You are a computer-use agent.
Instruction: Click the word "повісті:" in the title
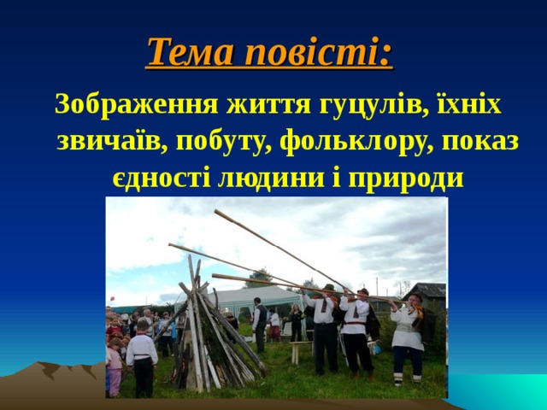[319, 53]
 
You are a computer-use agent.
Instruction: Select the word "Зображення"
[136, 106]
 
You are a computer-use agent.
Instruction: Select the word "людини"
[279, 178]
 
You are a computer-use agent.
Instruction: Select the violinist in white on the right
[407, 337]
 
